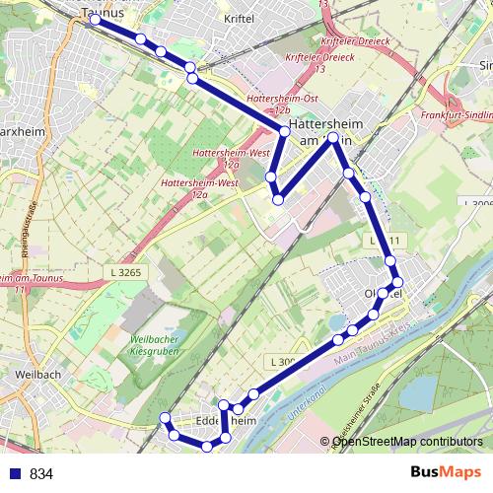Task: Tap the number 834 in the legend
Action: [41, 474]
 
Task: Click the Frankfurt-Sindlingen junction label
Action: [456, 115]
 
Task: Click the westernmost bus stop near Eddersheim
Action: [165, 418]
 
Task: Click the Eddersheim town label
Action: [227, 421]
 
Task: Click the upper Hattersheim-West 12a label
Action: [221, 156]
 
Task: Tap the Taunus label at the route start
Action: [102, 12]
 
